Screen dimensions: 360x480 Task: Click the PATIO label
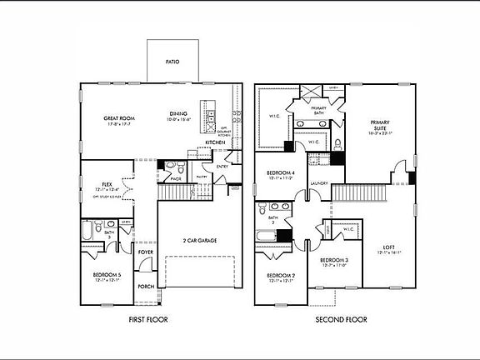point(172,61)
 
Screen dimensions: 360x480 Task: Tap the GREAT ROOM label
point(120,118)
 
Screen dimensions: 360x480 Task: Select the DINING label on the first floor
point(178,114)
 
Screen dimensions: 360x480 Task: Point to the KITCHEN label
point(216,142)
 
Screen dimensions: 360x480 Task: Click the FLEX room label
point(107,184)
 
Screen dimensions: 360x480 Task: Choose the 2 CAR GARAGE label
point(200,241)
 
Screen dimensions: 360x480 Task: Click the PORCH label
point(146,287)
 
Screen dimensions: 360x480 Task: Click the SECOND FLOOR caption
point(342,319)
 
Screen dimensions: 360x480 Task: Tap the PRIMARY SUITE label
point(380,124)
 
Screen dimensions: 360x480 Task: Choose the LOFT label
point(388,247)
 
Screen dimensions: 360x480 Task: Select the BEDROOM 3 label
point(333,261)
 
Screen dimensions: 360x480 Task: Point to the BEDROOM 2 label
point(280,275)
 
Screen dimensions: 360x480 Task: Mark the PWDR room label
point(176,178)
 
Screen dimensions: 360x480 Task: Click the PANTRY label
point(201,177)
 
